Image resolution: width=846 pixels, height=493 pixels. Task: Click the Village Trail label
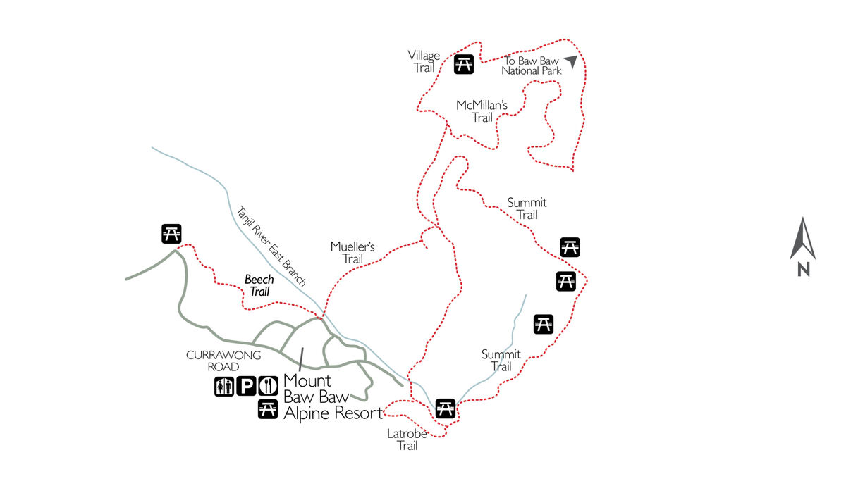pyautogui.click(x=424, y=61)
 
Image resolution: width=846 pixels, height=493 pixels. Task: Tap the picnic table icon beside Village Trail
pyautogui.click(x=463, y=64)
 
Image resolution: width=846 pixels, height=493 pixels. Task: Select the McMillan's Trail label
pyautogui.click(x=482, y=111)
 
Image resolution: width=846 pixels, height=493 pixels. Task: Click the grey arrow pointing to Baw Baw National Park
pyautogui.click(x=570, y=62)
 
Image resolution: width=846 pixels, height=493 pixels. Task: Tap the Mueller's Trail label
pyautogui.click(x=352, y=253)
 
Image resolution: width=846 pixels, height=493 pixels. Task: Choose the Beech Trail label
pyautogui.click(x=259, y=285)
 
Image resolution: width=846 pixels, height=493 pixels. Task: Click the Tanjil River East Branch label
pyautogui.click(x=271, y=246)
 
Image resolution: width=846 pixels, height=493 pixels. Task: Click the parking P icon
pyautogui.click(x=246, y=386)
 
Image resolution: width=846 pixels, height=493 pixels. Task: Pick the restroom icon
pyautogui.click(x=223, y=386)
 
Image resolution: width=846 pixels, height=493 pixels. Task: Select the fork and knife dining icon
pyautogui.click(x=268, y=386)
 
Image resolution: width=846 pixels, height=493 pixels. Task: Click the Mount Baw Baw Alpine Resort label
pyautogui.click(x=331, y=397)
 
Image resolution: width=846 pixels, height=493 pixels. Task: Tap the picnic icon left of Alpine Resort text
pyautogui.click(x=268, y=409)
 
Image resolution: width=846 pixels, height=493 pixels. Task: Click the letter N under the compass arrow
pyautogui.click(x=803, y=268)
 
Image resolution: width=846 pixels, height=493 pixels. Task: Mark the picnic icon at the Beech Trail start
pyautogui.click(x=171, y=233)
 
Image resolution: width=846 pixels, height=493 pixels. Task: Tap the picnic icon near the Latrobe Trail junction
pyautogui.click(x=445, y=408)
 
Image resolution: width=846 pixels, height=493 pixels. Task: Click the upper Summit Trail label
pyautogui.click(x=527, y=208)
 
